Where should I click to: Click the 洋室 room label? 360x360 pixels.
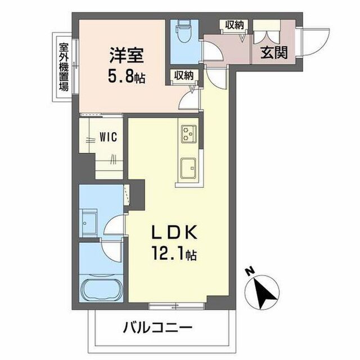[127, 55]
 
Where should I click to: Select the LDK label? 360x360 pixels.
[174, 232]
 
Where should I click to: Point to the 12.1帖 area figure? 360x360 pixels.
[174, 254]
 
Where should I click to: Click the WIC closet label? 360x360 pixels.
[108, 137]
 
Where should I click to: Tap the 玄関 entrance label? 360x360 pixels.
[274, 52]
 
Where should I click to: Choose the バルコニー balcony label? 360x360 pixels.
[157, 327]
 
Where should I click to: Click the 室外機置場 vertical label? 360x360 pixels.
[64, 67]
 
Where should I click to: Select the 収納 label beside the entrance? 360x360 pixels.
[234, 25]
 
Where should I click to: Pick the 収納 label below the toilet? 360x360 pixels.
[184, 75]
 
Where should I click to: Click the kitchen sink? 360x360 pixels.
[188, 168]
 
